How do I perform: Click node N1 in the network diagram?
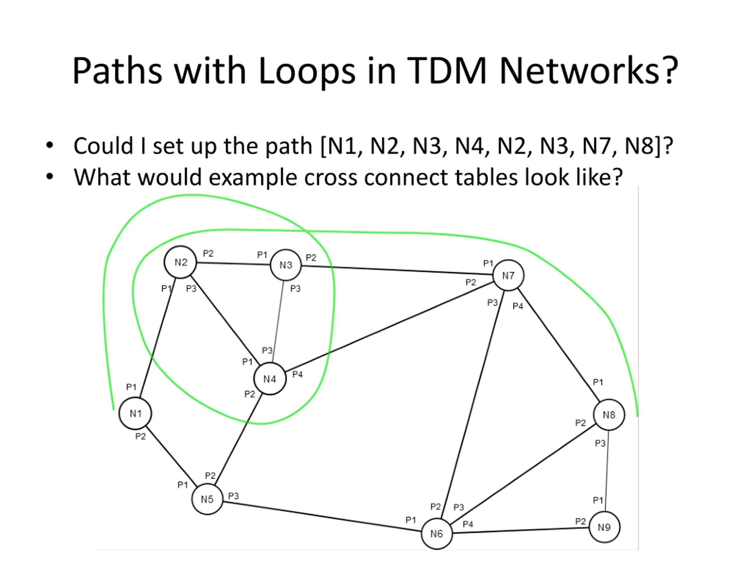135,413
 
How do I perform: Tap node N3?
286,265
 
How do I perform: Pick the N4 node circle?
270,379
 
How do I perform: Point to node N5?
207,499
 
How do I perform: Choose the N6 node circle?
437,534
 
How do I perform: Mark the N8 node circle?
609,415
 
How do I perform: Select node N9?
604,527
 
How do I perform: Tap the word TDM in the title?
446,71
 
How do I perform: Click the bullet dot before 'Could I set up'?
50,145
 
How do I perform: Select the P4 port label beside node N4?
297,374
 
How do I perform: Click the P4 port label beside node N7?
518,306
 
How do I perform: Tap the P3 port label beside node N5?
233,496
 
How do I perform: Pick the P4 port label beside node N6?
468,524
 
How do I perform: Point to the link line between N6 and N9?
521,530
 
